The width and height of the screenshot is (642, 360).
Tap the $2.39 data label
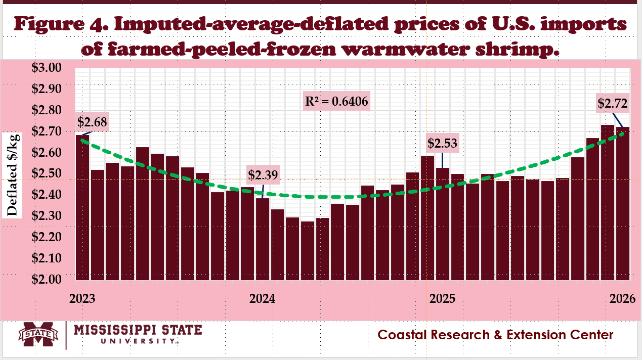point(263,175)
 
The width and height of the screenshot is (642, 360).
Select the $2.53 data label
point(442,144)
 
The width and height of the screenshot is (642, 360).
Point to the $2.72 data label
point(612,104)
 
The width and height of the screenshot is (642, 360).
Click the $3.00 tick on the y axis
point(47,68)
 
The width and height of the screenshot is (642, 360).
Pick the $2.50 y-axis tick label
point(47,174)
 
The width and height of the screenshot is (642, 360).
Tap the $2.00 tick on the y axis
point(47,279)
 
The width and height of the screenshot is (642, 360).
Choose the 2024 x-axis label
point(262,298)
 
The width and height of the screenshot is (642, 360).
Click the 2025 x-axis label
point(442,298)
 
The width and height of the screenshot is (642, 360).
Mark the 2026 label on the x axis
point(617,298)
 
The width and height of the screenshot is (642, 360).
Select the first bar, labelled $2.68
point(82,207)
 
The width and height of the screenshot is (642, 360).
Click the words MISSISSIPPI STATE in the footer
point(138,330)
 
